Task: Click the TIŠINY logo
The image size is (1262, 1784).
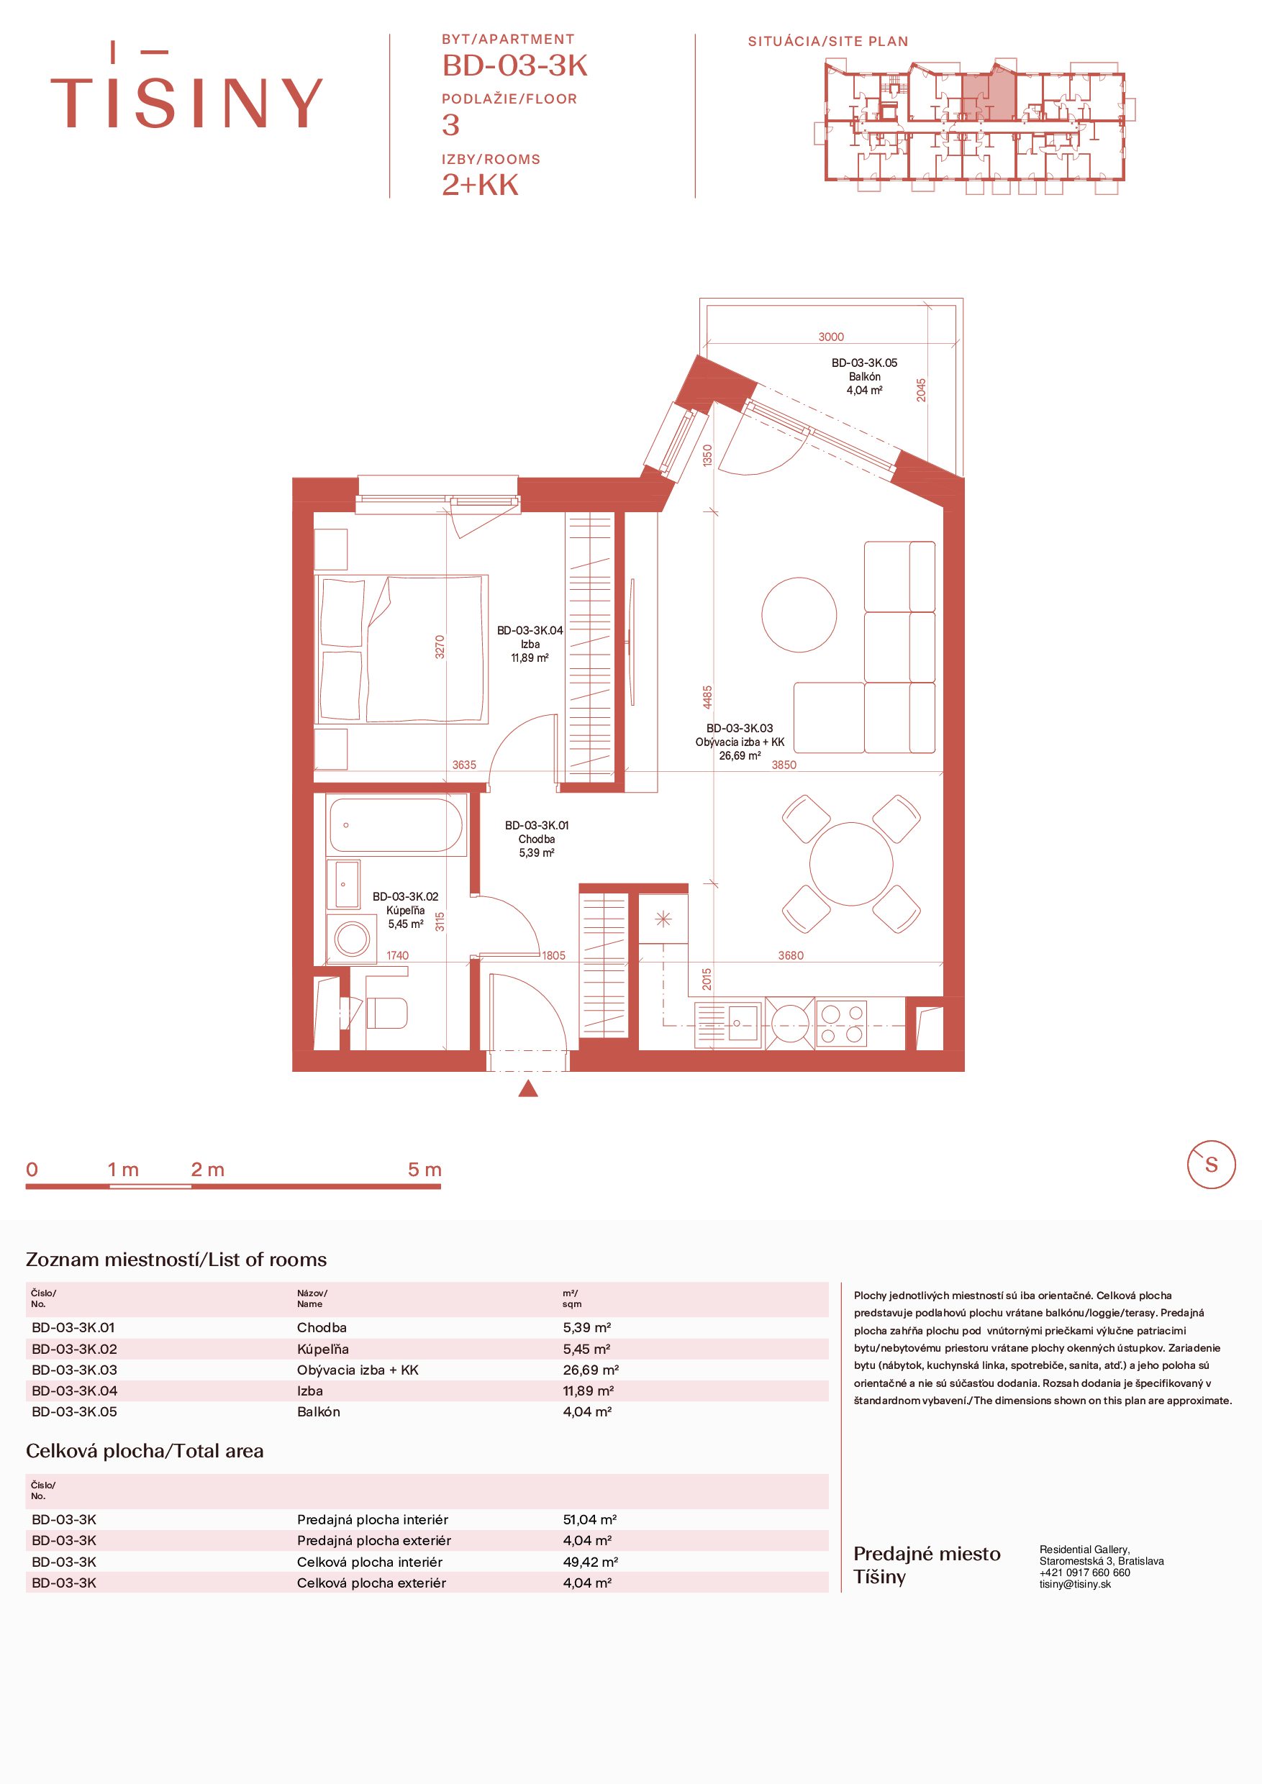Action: [186, 86]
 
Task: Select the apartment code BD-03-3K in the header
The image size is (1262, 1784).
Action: [514, 66]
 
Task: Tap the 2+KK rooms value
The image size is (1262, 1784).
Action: [480, 185]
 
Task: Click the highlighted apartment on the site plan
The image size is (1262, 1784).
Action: [989, 96]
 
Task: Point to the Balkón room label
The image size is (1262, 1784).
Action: [864, 377]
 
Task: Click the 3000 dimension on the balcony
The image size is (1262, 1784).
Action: [831, 337]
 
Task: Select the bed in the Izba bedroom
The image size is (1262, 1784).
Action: [401, 650]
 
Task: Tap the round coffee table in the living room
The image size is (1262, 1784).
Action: [799, 614]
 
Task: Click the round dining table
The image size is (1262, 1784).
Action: [851, 864]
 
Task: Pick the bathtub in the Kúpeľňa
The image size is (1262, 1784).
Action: [396, 825]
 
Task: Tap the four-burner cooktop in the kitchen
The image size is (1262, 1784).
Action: [842, 1024]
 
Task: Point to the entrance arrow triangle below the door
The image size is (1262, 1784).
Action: [528, 1088]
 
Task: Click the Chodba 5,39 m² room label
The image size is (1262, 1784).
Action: [537, 839]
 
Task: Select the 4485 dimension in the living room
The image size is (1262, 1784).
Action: [707, 697]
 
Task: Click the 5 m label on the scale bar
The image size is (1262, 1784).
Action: [425, 1170]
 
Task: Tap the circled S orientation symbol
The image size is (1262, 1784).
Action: [1211, 1165]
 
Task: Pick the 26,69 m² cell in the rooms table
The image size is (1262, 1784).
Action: [591, 1370]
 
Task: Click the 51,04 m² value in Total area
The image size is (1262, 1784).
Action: [590, 1519]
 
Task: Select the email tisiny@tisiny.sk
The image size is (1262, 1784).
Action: [1075, 1584]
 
